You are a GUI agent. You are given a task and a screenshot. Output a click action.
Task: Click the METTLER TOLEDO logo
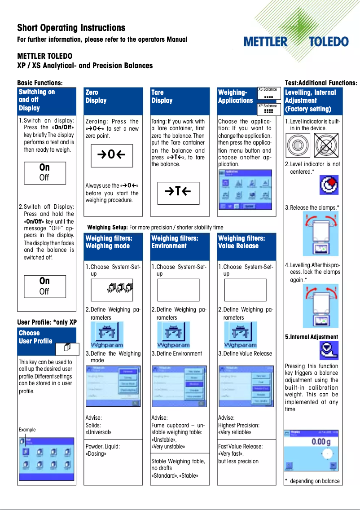coord(296,42)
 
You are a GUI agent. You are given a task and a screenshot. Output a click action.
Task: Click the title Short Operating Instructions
coord(71,28)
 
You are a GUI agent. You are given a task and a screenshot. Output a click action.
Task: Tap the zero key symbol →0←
coord(112,156)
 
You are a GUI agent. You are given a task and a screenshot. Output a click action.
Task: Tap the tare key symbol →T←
coord(178,192)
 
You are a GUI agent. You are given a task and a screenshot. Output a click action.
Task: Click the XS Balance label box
coord(269,93)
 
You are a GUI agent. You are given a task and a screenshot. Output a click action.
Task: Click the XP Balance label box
coord(269,110)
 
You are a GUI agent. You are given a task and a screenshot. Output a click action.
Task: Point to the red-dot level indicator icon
coord(329,185)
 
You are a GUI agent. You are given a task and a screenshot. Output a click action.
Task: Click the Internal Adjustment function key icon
coord(329,351)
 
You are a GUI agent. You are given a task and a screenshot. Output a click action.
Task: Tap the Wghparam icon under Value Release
coord(240,335)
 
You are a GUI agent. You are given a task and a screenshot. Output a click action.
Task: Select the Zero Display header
coord(96,96)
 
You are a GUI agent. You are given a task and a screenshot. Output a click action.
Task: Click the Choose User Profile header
coord(36,337)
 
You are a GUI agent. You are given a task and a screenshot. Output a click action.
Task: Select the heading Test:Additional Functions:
coord(321,83)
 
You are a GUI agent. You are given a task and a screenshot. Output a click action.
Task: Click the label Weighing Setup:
coord(108,227)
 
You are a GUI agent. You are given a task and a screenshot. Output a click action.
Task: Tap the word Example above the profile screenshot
coord(27,430)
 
